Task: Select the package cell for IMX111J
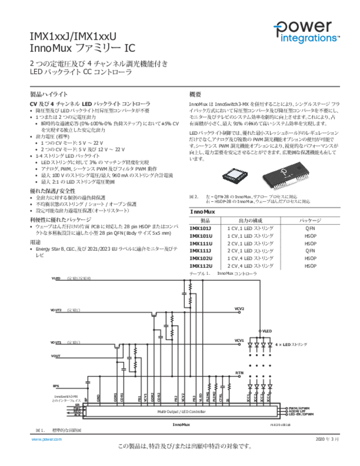[x=310, y=251]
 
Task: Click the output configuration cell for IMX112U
[x=250, y=266]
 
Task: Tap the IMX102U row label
[x=201, y=258]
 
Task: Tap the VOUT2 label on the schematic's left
[x=56, y=310]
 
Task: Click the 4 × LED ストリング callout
[x=291, y=344]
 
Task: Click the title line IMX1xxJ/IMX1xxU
[x=73, y=36]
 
